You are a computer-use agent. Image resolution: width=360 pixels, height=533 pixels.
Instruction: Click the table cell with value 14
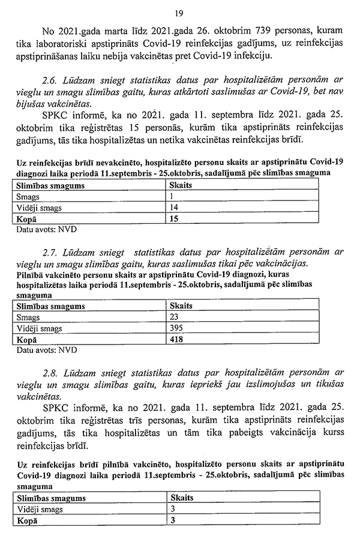click(175, 208)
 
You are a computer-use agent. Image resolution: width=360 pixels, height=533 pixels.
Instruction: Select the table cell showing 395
click(177, 328)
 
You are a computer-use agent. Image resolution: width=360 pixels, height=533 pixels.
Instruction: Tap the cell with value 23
click(175, 317)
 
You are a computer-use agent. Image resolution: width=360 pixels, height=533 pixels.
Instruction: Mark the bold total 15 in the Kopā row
click(175, 219)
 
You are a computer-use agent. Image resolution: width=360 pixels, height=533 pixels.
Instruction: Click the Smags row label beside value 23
click(28, 317)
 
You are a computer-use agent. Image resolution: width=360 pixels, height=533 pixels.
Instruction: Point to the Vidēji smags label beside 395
click(40, 328)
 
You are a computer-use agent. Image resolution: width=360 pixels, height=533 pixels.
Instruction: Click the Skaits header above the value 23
click(181, 306)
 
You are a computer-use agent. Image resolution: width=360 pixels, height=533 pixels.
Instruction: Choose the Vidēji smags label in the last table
click(40, 509)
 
